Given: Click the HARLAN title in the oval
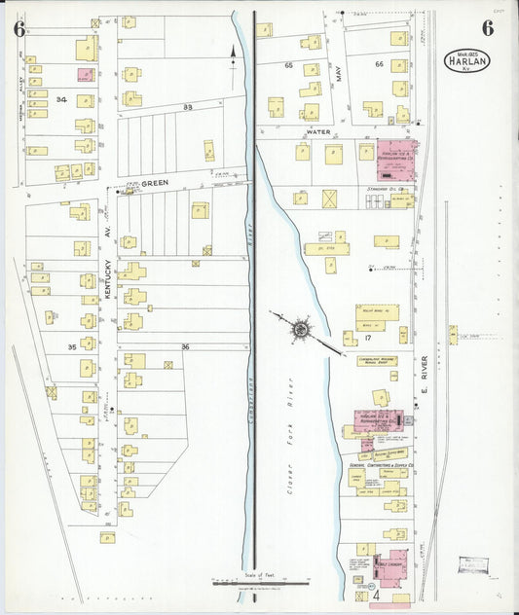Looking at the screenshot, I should pyautogui.click(x=467, y=60).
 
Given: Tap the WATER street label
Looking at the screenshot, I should pyautogui.click(x=318, y=130).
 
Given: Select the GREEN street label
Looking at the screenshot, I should pyautogui.click(x=154, y=182).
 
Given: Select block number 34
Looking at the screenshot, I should pyautogui.click(x=61, y=99).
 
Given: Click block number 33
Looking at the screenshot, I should pyautogui.click(x=188, y=106).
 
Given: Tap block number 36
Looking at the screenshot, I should pyautogui.click(x=185, y=346).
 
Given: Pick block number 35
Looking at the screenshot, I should pyautogui.click(x=71, y=346).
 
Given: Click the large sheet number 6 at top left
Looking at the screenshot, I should pyautogui.click(x=19, y=27).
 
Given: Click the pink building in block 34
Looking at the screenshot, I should pyautogui.click(x=86, y=74).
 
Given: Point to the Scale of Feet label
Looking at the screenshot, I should pyautogui.click(x=256, y=575).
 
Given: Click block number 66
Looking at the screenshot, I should pyautogui.click(x=379, y=64).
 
